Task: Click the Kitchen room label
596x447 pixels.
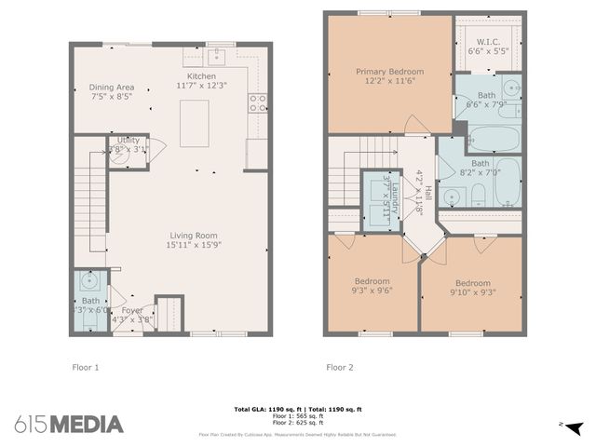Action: tap(201, 76)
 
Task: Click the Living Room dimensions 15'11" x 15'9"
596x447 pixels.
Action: tap(193, 245)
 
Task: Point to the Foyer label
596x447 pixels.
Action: tap(132, 310)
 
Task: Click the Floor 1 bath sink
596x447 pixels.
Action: tap(89, 281)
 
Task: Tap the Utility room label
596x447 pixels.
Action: tap(128, 140)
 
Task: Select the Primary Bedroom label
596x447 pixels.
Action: tap(389, 71)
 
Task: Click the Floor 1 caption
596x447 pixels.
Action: tap(86, 367)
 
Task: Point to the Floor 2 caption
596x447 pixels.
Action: tap(339, 367)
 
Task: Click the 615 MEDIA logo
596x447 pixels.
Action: tap(69, 424)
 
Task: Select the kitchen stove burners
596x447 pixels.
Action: tap(258, 102)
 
